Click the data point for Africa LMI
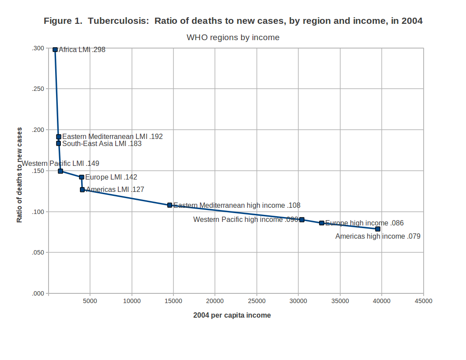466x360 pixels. click(x=55, y=49)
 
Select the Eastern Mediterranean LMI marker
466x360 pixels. click(x=59, y=137)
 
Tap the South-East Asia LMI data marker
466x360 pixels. click(x=58, y=143)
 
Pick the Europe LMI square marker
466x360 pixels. click(x=82, y=177)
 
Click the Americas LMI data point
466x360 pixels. click(x=82, y=190)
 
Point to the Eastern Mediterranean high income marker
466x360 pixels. click(x=170, y=205)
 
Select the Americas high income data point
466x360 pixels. click(x=378, y=229)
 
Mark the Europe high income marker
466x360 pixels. click(x=322, y=223)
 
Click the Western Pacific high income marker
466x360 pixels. click(x=302, y=220)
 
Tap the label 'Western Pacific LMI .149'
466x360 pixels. click(x=60, y=164)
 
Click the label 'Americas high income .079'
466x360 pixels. click(x=378, y=236)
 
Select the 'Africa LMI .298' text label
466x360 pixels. click(x=82, y=50)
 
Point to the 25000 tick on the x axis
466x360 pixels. click(x=256, y=301)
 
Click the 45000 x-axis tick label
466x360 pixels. click(x=423, y=301)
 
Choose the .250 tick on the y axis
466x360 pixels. click(x=38, y=89)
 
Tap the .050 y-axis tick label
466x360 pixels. click(x=38, y=253)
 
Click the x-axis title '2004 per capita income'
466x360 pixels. click(x=232, y=315)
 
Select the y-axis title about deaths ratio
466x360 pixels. click(x=19, y=175)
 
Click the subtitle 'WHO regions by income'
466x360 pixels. click(x=233, y=37)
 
